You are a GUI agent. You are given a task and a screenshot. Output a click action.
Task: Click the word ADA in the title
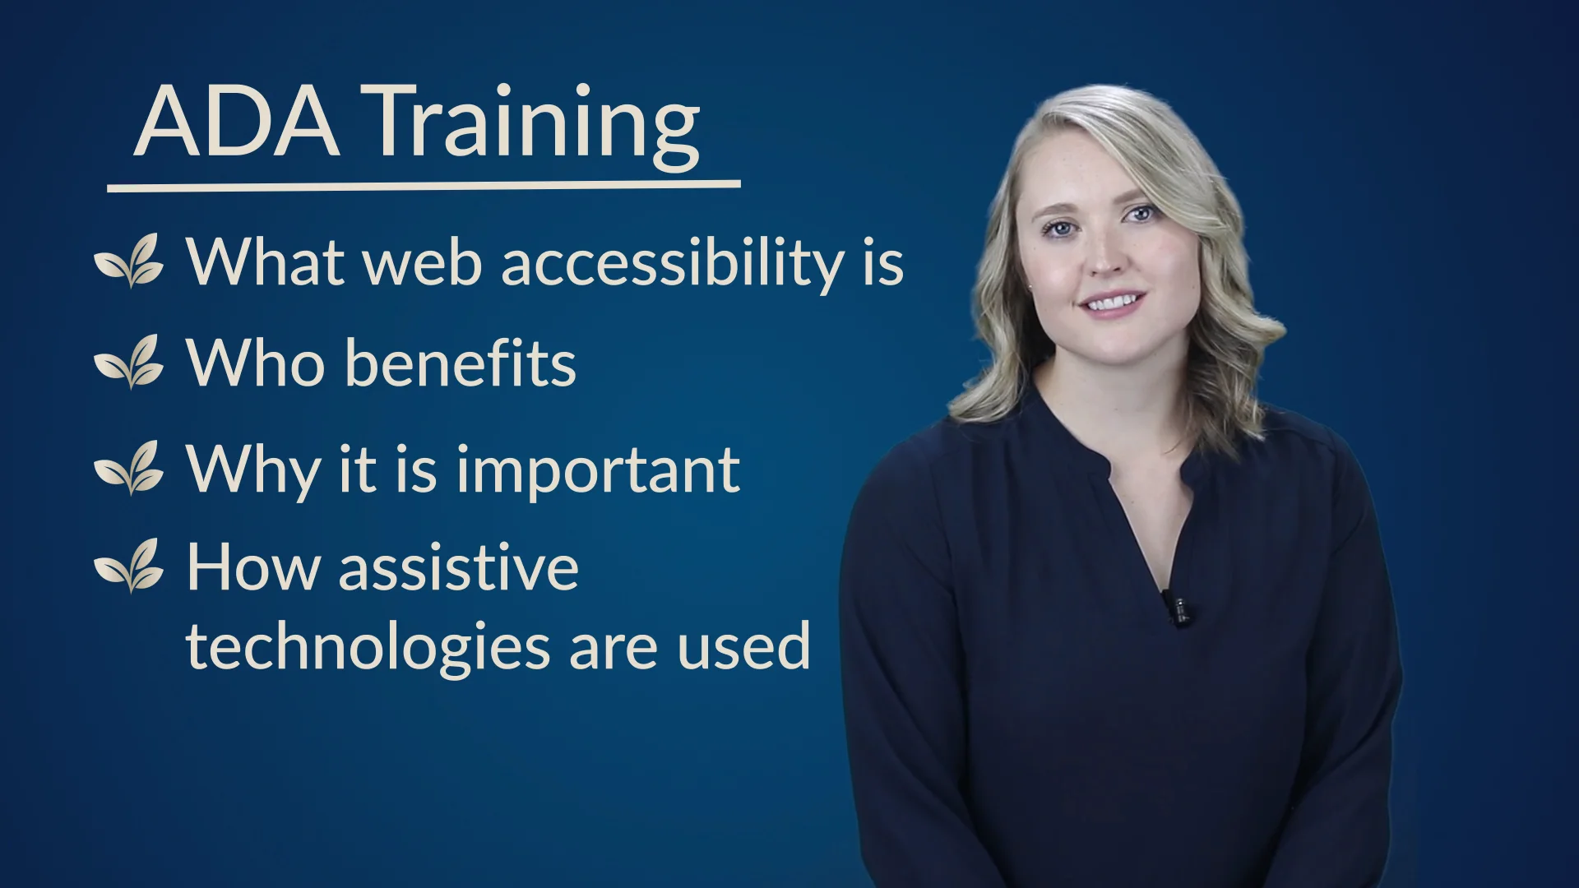coord(237,122)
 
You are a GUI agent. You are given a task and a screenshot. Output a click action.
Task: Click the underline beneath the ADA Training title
coord(424,186)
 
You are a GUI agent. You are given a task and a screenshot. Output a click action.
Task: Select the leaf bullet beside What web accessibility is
coord(129,261)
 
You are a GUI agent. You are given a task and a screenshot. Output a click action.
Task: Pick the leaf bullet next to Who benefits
coord(129,362)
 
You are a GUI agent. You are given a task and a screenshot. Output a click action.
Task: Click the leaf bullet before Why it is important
coord(129,468)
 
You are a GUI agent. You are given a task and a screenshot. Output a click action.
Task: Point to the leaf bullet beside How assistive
coord(129,566)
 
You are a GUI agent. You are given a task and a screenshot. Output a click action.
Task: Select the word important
coord(598,470)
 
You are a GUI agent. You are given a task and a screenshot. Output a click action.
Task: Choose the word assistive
coord(458,567)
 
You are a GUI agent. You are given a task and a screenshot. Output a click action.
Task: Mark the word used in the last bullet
coord(744,646)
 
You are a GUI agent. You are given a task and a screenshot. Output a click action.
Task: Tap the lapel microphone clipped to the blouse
coord(1178,608)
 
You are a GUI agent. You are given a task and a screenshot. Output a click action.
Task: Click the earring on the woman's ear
coord(1030,285)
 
